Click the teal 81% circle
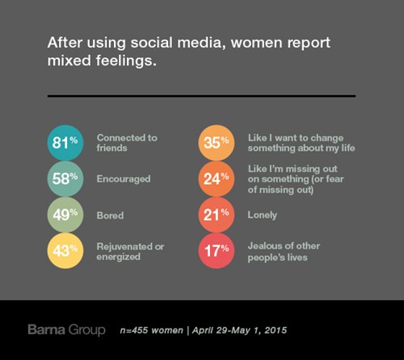tap(65, 143)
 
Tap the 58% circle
tap(65, 179)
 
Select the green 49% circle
tap(65, 215)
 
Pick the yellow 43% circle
tap(65, 251)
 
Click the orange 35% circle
tap(217, 143)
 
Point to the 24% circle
tap(217, 179)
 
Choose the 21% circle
tap(217, 215)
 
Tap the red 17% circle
tap(217, 251)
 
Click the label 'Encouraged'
tap(124, 179)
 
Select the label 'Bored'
tap(110, 216)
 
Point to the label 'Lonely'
tap(263, 216)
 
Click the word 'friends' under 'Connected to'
tap(112, 148)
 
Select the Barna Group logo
tap(66, 330)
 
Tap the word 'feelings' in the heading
tap(126, 61)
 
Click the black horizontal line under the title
tap(201, 96)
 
